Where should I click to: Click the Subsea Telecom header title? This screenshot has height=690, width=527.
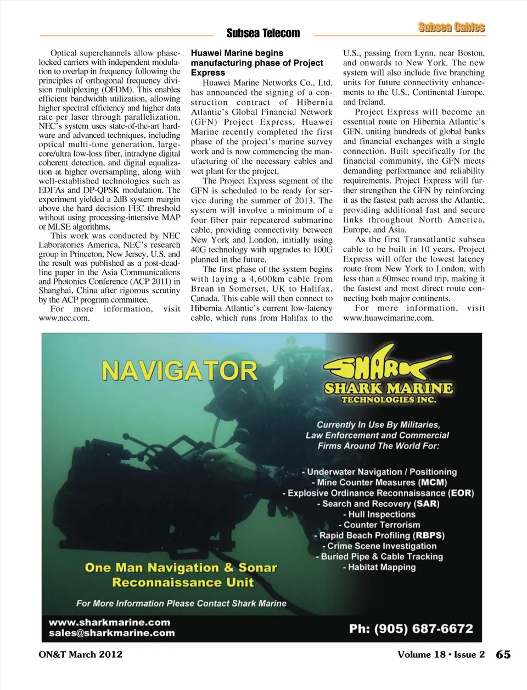coord(263,34)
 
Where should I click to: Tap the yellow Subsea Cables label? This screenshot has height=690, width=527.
coord(451,27)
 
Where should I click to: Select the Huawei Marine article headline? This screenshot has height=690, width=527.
coord(257,63)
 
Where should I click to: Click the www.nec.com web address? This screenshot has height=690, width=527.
coord(64,318)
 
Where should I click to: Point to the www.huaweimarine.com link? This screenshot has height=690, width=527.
coord(388,318)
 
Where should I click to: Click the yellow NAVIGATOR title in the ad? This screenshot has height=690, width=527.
coord(180,371)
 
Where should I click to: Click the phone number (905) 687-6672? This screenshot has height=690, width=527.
coord(411,628)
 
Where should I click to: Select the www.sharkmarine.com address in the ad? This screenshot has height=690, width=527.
coord(109,622)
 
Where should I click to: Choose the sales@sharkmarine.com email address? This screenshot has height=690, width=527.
coord(111,633)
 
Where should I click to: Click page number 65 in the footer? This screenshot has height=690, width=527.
coord(503,654)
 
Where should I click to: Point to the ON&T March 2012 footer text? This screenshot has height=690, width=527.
coord(81,654)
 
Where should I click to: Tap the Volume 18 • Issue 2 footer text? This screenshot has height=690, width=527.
coord(441,654)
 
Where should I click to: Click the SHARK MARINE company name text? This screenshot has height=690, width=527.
coord(388,388)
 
